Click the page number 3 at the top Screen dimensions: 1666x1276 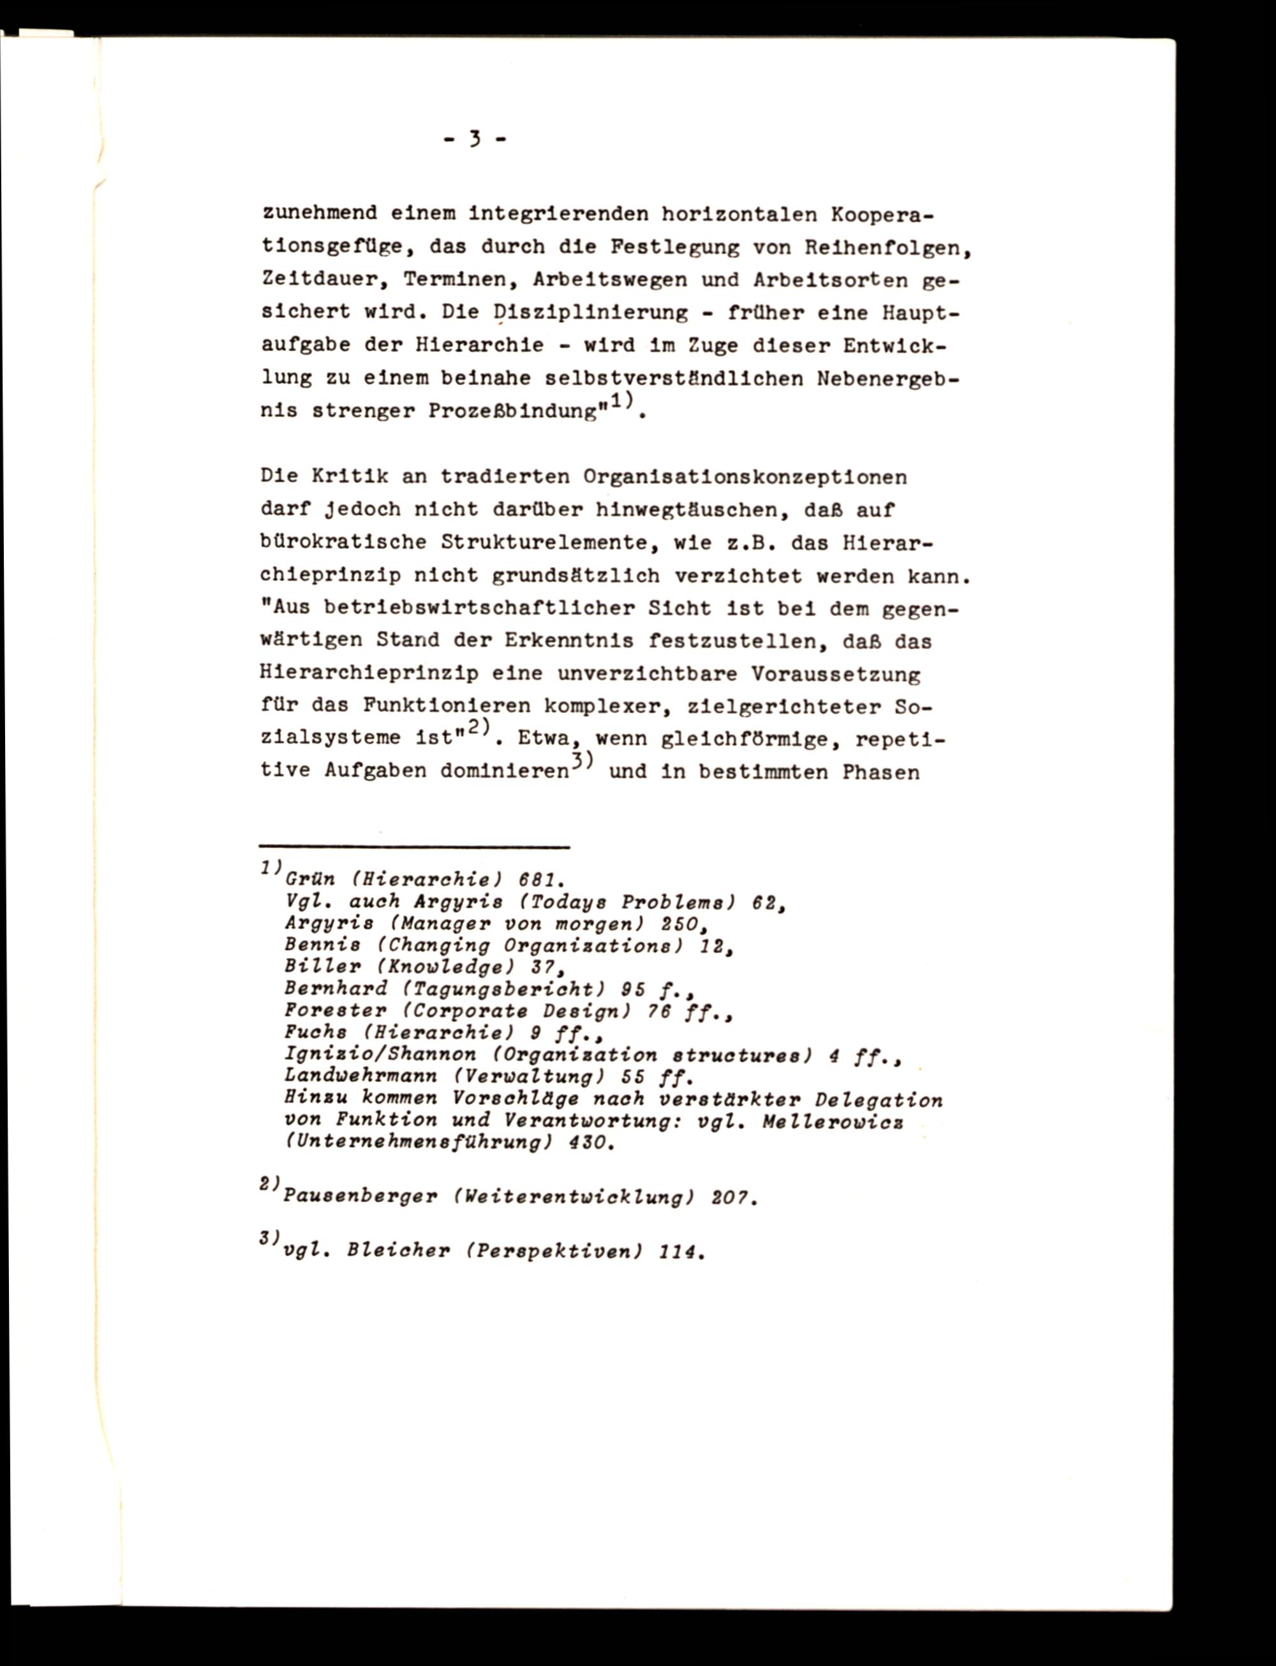(x=475, y=139)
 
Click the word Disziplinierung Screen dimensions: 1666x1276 (x=590, y=312)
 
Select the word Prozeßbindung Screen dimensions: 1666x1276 (x=513, y=411)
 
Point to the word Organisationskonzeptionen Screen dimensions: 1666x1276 (x=745, y=477)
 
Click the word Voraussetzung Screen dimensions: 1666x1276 (x=836, y=674)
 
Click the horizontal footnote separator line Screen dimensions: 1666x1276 (x=414, y=846)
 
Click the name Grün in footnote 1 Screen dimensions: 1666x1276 (x=310, y=880)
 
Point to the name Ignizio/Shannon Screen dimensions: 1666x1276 (x=380, y=1054)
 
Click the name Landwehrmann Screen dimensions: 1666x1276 (x=360, y=1076)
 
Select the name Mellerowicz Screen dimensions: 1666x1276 (x=833, y=1120)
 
